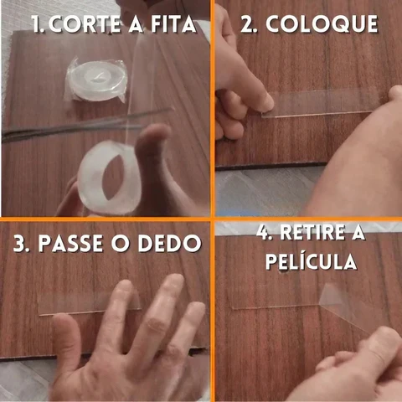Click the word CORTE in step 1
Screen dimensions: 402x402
point(85,24)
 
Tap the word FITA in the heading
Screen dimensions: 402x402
point(173,24)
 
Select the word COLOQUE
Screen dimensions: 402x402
point(322,24)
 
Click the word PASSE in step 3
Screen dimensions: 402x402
point(70,244)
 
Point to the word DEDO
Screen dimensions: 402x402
point(169,244)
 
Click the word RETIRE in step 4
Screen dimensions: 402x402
point(312,233)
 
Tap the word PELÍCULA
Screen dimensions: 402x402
point(311,261)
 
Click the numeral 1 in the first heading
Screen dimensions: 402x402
point(37,24)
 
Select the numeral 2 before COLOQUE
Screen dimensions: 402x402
point(248,24)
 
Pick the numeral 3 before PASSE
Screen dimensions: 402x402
point(20,244)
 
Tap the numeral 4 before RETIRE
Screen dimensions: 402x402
point(263,233)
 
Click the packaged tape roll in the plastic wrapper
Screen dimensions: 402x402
point(96,81)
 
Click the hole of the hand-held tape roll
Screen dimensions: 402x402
point(112,178)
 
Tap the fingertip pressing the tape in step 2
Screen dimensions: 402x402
point(265,104)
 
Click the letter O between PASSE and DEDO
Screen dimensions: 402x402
point(121,244)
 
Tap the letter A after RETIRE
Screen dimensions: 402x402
point(358,233)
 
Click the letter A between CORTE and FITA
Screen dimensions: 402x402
point(136,24)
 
